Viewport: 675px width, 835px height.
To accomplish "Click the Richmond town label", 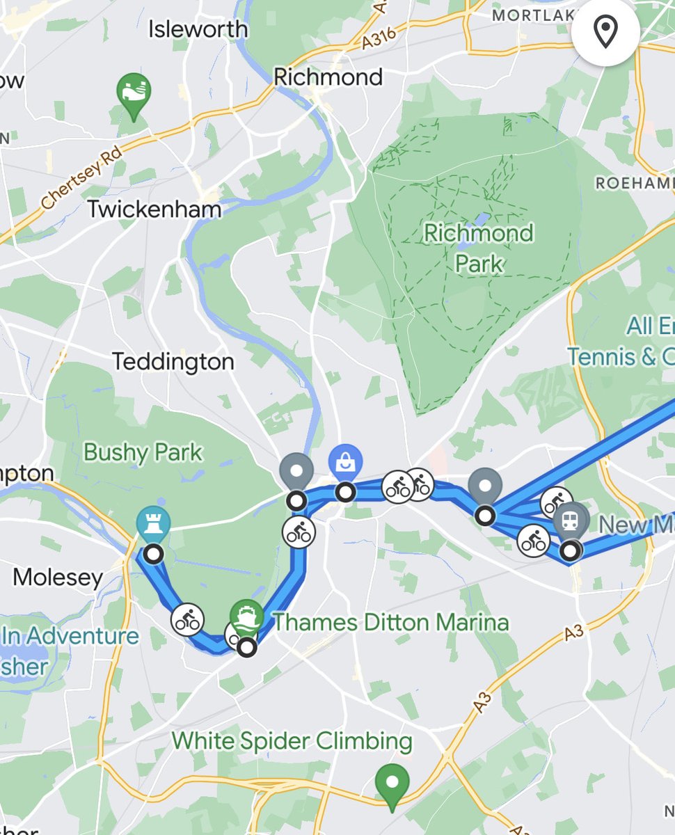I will [x=328, y=77].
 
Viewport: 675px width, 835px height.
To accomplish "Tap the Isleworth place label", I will [x=198, y=29].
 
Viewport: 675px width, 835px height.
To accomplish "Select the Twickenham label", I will [x=154, y=209].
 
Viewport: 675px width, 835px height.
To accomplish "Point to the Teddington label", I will [x=173, y=362].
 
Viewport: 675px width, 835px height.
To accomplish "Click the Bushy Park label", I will [x=143, y=453].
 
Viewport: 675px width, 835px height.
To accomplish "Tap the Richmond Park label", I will [x=479, y=248].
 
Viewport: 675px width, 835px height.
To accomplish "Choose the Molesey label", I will [x=58, y=577].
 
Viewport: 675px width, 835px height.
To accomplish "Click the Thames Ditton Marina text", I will [x=390, y=621].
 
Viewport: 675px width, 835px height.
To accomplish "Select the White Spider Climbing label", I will [x=292, y=741].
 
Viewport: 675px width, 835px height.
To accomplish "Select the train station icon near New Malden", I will [x=571, y=520].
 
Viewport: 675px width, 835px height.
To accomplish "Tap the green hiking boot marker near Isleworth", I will [x=134, y=93].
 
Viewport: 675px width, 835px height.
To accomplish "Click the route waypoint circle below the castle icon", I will [x=154, y=555].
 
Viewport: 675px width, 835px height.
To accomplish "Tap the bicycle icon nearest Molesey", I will [x=187, y=618].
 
